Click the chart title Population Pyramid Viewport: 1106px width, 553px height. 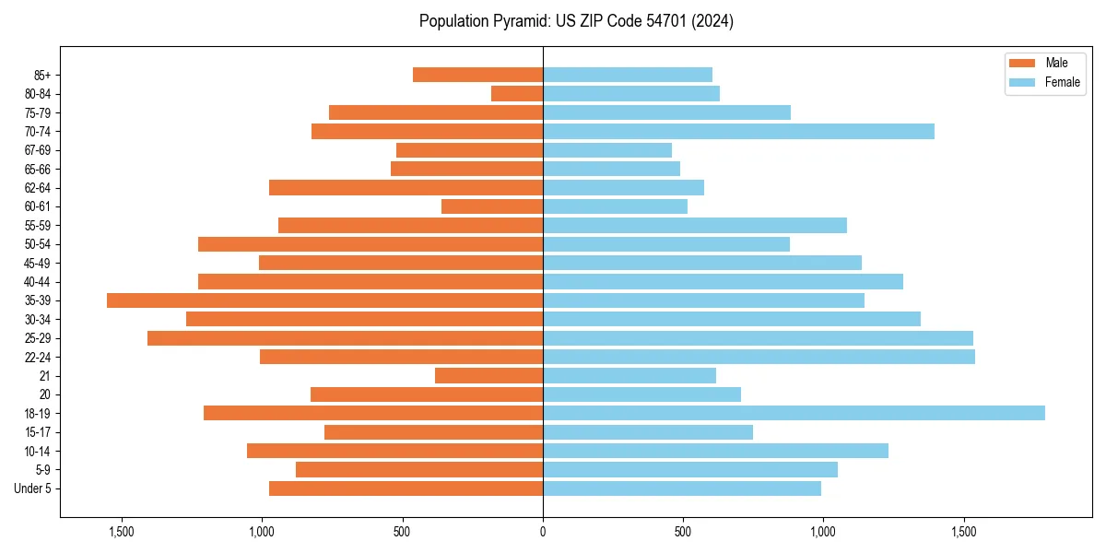(x=576, y=21)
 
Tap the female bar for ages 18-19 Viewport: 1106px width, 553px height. (x=794, y=413)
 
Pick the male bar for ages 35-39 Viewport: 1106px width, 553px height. (x=324, y=300)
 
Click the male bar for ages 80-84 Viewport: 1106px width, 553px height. (x=517, y=93)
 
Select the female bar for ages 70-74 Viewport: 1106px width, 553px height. (x=738, y=131)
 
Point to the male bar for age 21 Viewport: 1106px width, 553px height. (x=488, y=375)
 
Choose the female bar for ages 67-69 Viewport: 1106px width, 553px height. (x=607, y=150)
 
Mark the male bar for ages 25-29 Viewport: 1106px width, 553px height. (x=345, y=338)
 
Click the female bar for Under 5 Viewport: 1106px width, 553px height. (x=682, y=488)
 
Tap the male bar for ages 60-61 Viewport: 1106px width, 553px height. (x=492, y=206)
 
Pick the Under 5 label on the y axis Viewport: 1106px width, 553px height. (x=33, y=488)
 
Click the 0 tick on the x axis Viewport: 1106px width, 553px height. (x=543, y=532)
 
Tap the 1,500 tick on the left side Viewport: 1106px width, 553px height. (x=122, y=532)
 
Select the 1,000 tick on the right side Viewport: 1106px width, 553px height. (x=823, y=532)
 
